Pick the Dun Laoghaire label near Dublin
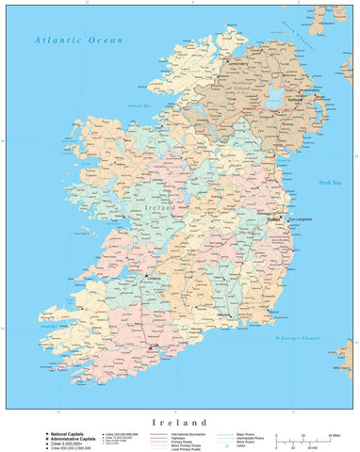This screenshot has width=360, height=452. pos(298,219)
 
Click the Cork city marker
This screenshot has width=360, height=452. pos(153,347)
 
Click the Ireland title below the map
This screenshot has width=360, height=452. pos(179,423)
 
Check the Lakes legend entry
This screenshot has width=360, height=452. pos(232,447)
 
